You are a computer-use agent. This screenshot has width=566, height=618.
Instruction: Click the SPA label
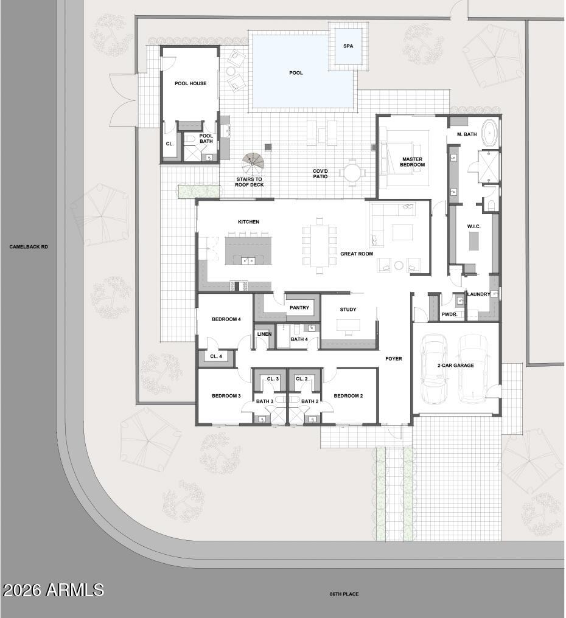tap(348, 46)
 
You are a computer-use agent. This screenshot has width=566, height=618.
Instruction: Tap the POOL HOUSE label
tap(190, 84)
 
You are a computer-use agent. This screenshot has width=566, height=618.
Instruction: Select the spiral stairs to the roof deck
tap(250, 163)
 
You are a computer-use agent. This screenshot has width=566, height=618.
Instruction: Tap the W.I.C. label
tap(474, 226)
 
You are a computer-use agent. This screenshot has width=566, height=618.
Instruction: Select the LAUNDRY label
tap(479, 294)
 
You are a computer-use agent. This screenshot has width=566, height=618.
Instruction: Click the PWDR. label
tap(450, 314)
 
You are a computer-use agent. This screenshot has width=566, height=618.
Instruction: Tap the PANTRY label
tap(299, 308)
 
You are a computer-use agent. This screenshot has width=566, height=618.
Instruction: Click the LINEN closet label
tap(264, 334)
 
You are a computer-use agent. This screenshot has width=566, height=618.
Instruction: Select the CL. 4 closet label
tap(216, 356)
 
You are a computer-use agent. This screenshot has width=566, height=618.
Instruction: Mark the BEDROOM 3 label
tap(226, 396)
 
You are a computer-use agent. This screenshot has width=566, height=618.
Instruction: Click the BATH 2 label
tap(310, 401)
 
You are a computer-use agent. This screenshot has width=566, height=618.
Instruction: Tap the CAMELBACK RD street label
tap(29, 247)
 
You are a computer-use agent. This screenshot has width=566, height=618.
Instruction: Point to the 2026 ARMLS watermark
tap(54, 589)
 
